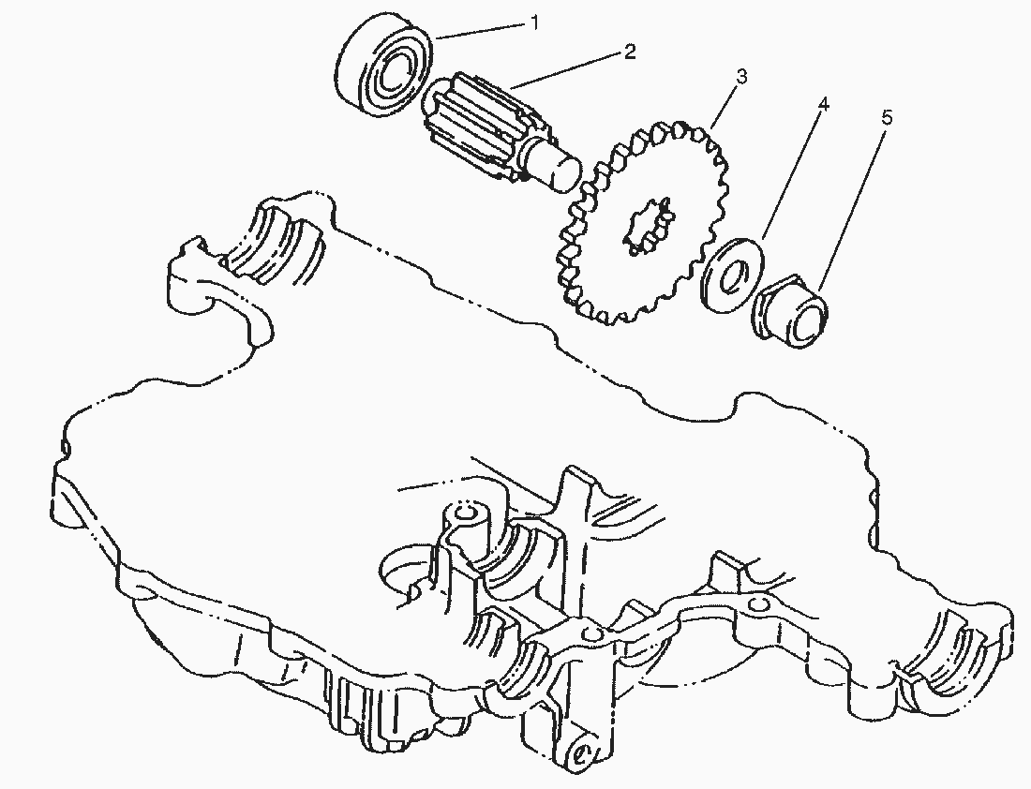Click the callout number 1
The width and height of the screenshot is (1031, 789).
click(x=534, y=23)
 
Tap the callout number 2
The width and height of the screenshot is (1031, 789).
click(x=630, y=52)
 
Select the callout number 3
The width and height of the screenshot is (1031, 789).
click(x=741, y=77)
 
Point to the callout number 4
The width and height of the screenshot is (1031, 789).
click(x=823, y=104)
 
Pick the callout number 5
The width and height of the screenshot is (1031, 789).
click(x=887, y=118)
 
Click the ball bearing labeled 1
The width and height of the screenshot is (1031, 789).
click(x=383, y=69)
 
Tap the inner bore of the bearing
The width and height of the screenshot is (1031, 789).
click(x=395, y=73)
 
